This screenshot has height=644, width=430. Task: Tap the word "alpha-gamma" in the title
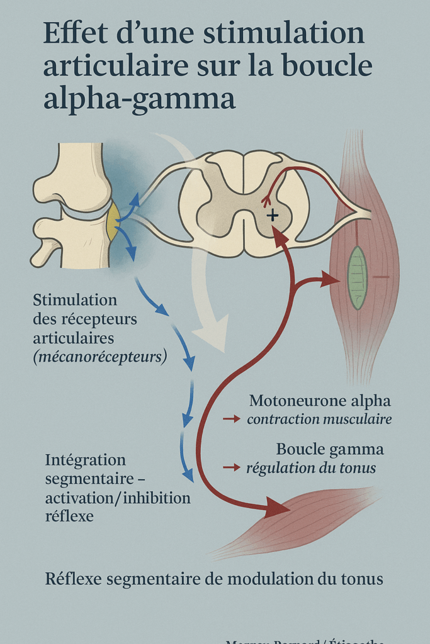(x=139, y=99)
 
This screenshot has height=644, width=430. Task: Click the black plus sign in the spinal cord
(x=272, y=216)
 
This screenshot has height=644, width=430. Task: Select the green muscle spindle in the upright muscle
(x=358, y=277)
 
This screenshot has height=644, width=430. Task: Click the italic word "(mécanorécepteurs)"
(x=100, y=358)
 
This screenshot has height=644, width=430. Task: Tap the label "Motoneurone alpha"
(x=320, y=401)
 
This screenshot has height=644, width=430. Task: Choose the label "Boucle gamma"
(x=330, y=450)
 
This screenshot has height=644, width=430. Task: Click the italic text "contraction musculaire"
(x=319, y=419)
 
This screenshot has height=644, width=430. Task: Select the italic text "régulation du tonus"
(x=311, y=468)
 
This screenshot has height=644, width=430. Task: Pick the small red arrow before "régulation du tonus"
(x=231, y=467)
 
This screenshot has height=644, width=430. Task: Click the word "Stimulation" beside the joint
(x=75, y=299)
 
